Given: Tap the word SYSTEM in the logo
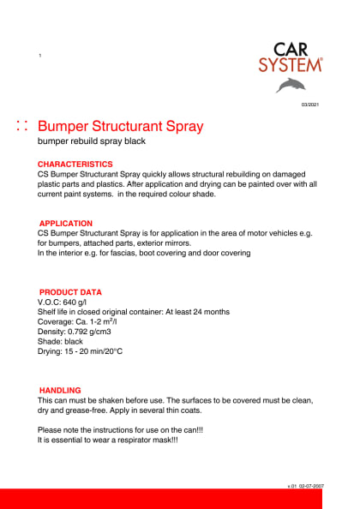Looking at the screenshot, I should point(291,64).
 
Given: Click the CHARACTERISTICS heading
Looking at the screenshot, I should point(75,164).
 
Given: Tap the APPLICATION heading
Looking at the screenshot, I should point(66,224).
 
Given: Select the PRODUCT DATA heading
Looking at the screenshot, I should point(70,292).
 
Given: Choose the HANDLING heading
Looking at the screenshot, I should point(60,391).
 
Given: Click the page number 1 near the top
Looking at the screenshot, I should point(40,56).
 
